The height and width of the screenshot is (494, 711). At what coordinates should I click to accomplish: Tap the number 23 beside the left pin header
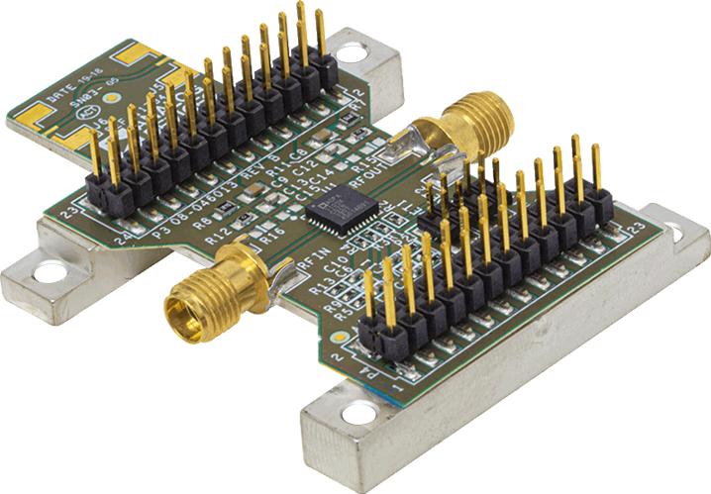click(x=69, y=211)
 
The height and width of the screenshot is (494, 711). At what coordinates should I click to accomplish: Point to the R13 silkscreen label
click(x=319, y=290)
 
